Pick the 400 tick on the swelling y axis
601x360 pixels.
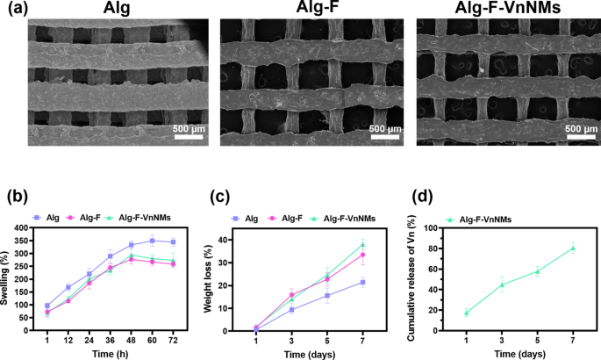coord(32,227)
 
